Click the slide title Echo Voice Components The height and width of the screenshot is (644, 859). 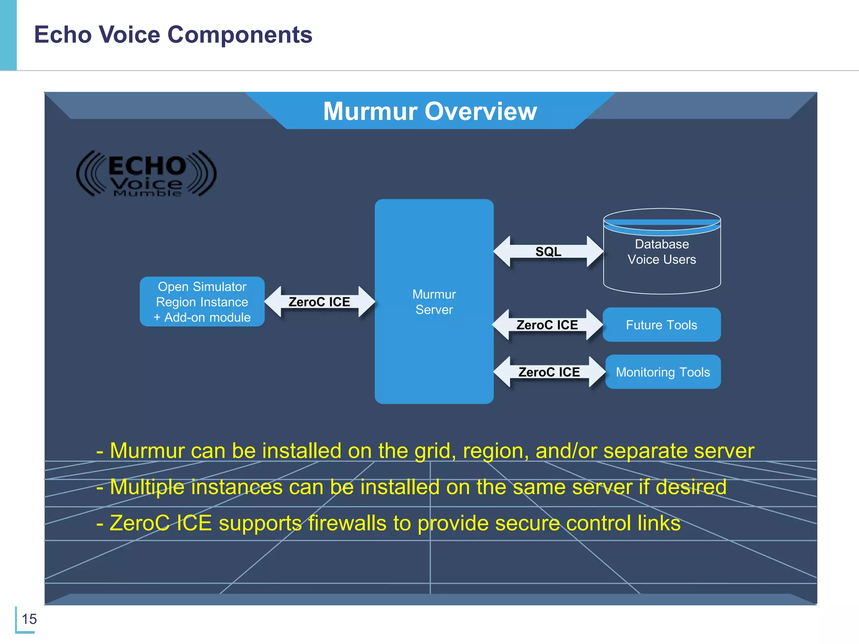(x=173, y=34)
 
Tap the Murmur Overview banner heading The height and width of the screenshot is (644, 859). (x=430, y=111)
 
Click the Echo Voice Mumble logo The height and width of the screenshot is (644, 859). (x=146, y=174)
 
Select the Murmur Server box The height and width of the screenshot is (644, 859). (x=434, y=301)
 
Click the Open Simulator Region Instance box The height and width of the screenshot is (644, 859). (x=202, y=301)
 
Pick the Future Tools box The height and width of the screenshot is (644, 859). (x=661, y=325)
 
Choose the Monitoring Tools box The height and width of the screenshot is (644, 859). (x=663, y=372)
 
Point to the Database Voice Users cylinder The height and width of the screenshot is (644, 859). (x=662, y=252)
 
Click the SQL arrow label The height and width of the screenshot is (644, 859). (x=548, y=252)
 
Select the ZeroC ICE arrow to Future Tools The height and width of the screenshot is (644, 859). (x=547, y=325)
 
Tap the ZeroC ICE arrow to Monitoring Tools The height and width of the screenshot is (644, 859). (x=549, y=372)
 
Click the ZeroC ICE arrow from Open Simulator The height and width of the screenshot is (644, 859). (x=319, y=302)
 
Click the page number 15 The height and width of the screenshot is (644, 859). (x=29, y=619)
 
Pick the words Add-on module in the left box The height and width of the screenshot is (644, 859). (x=207, y=317)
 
